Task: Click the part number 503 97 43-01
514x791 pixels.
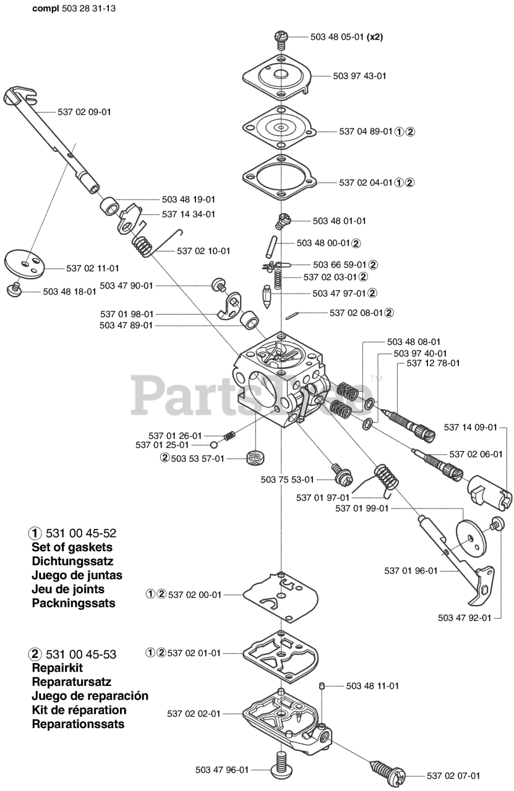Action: pos(359,76)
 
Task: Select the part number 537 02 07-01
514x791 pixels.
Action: pos(453,776)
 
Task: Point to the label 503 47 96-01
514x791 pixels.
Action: pos(222,769)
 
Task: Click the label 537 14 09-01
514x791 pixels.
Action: pos(471,426)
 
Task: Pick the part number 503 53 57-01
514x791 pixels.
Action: pos(197,458)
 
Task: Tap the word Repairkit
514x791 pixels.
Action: pos(57,668)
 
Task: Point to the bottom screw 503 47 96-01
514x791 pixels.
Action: pos(281,766)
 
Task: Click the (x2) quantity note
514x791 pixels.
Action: pos(375,37)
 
